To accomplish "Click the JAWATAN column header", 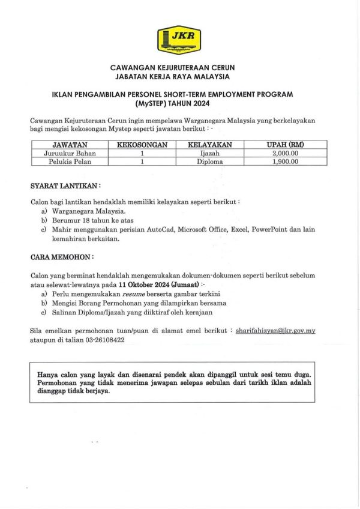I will click(x=70, y=145).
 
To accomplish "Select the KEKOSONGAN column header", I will click(x=142, y=145).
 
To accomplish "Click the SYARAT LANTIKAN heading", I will click(x=65, y=186).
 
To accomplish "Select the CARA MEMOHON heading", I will click(x=62, y=256).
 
